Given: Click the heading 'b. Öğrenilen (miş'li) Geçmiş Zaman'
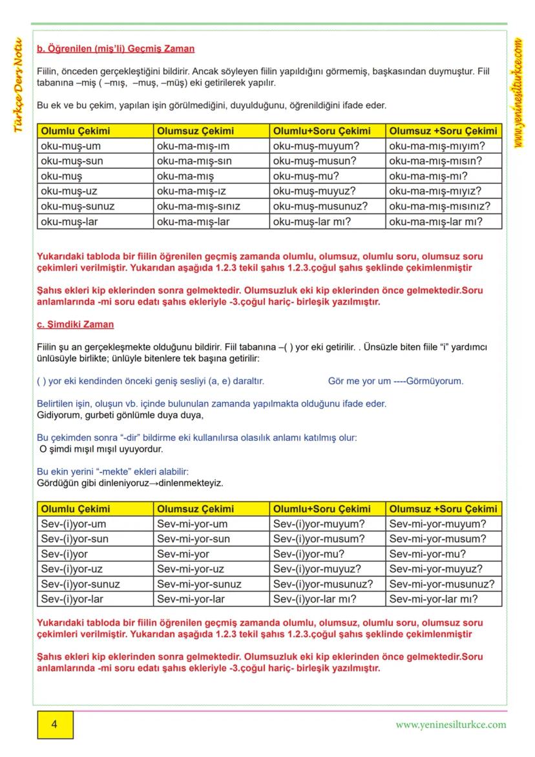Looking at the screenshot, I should pos(116,48).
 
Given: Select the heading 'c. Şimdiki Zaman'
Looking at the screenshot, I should pos(76,324).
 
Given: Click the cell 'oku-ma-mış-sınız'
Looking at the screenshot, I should pos(198,206).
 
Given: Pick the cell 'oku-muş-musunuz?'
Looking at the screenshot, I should pos(320,206).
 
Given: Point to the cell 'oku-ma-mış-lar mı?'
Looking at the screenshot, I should pos(436,221).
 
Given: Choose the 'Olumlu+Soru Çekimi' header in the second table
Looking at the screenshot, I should pos(322,509).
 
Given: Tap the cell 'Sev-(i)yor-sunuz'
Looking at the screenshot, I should pos(80,584).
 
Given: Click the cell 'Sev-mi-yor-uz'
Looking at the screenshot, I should pos(191,569).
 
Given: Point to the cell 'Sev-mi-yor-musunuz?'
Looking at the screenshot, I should pos(442,584).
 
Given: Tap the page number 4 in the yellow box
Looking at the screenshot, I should pos(54,725).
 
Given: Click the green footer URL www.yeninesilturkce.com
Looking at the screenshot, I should pos(450,725).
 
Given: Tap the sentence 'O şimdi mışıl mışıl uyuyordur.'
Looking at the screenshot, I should pos(101,448).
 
